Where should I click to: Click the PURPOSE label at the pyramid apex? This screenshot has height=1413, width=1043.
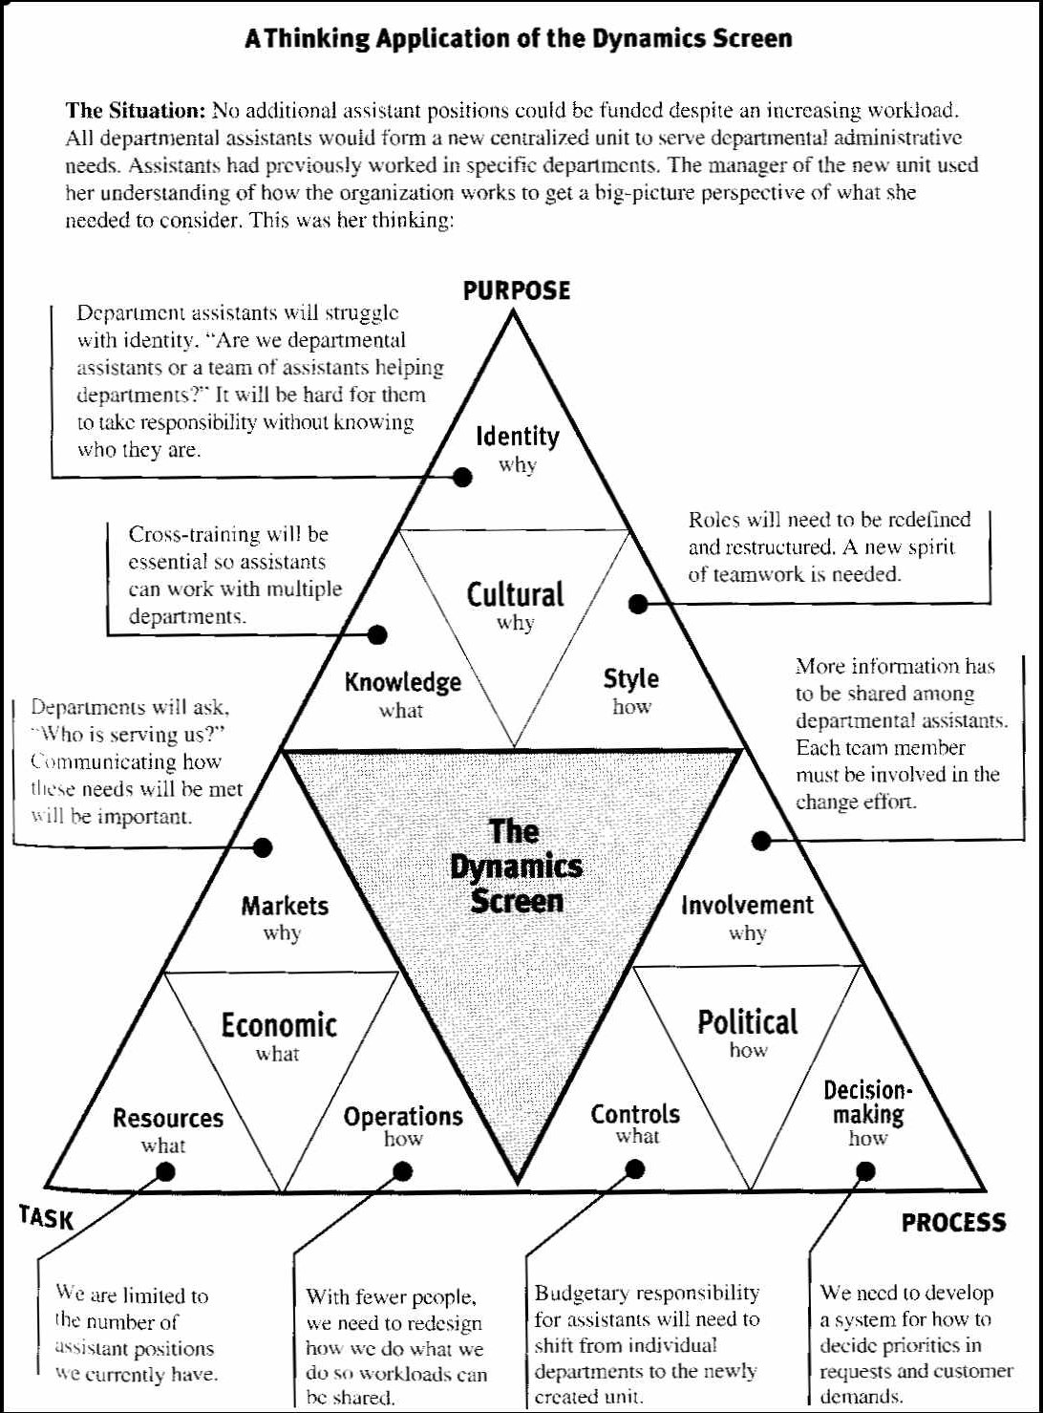click(516, 290)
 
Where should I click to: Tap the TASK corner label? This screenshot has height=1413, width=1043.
click(46, 1217)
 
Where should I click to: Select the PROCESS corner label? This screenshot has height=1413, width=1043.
click(953, 1223)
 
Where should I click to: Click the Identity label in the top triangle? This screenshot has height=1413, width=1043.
click(518, 437)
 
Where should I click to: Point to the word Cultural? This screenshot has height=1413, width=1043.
click(516, 594)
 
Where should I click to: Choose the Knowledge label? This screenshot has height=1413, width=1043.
click(403, 682)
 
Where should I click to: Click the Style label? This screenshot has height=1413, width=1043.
click(630, 679)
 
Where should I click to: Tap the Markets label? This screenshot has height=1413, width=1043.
click(285, 906)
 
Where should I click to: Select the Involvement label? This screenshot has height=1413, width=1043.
click(747, 905)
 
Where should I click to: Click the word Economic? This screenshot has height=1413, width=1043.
click(279, 1025)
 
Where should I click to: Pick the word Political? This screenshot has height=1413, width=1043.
click(747, 1022)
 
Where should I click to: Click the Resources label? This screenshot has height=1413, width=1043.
click(168, 1118)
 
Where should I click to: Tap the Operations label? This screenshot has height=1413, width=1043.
click(403, 1116)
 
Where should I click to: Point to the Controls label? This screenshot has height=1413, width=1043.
click(635, 1114)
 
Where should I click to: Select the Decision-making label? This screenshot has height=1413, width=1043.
click(868, 1103)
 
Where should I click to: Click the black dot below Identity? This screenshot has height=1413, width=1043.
click(462, 477)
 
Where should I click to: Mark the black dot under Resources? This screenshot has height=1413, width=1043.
click(165, 1171)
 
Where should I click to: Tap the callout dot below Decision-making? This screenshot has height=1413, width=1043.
click(865, 1171)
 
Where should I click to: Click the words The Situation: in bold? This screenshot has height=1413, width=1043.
click(136, 111)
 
